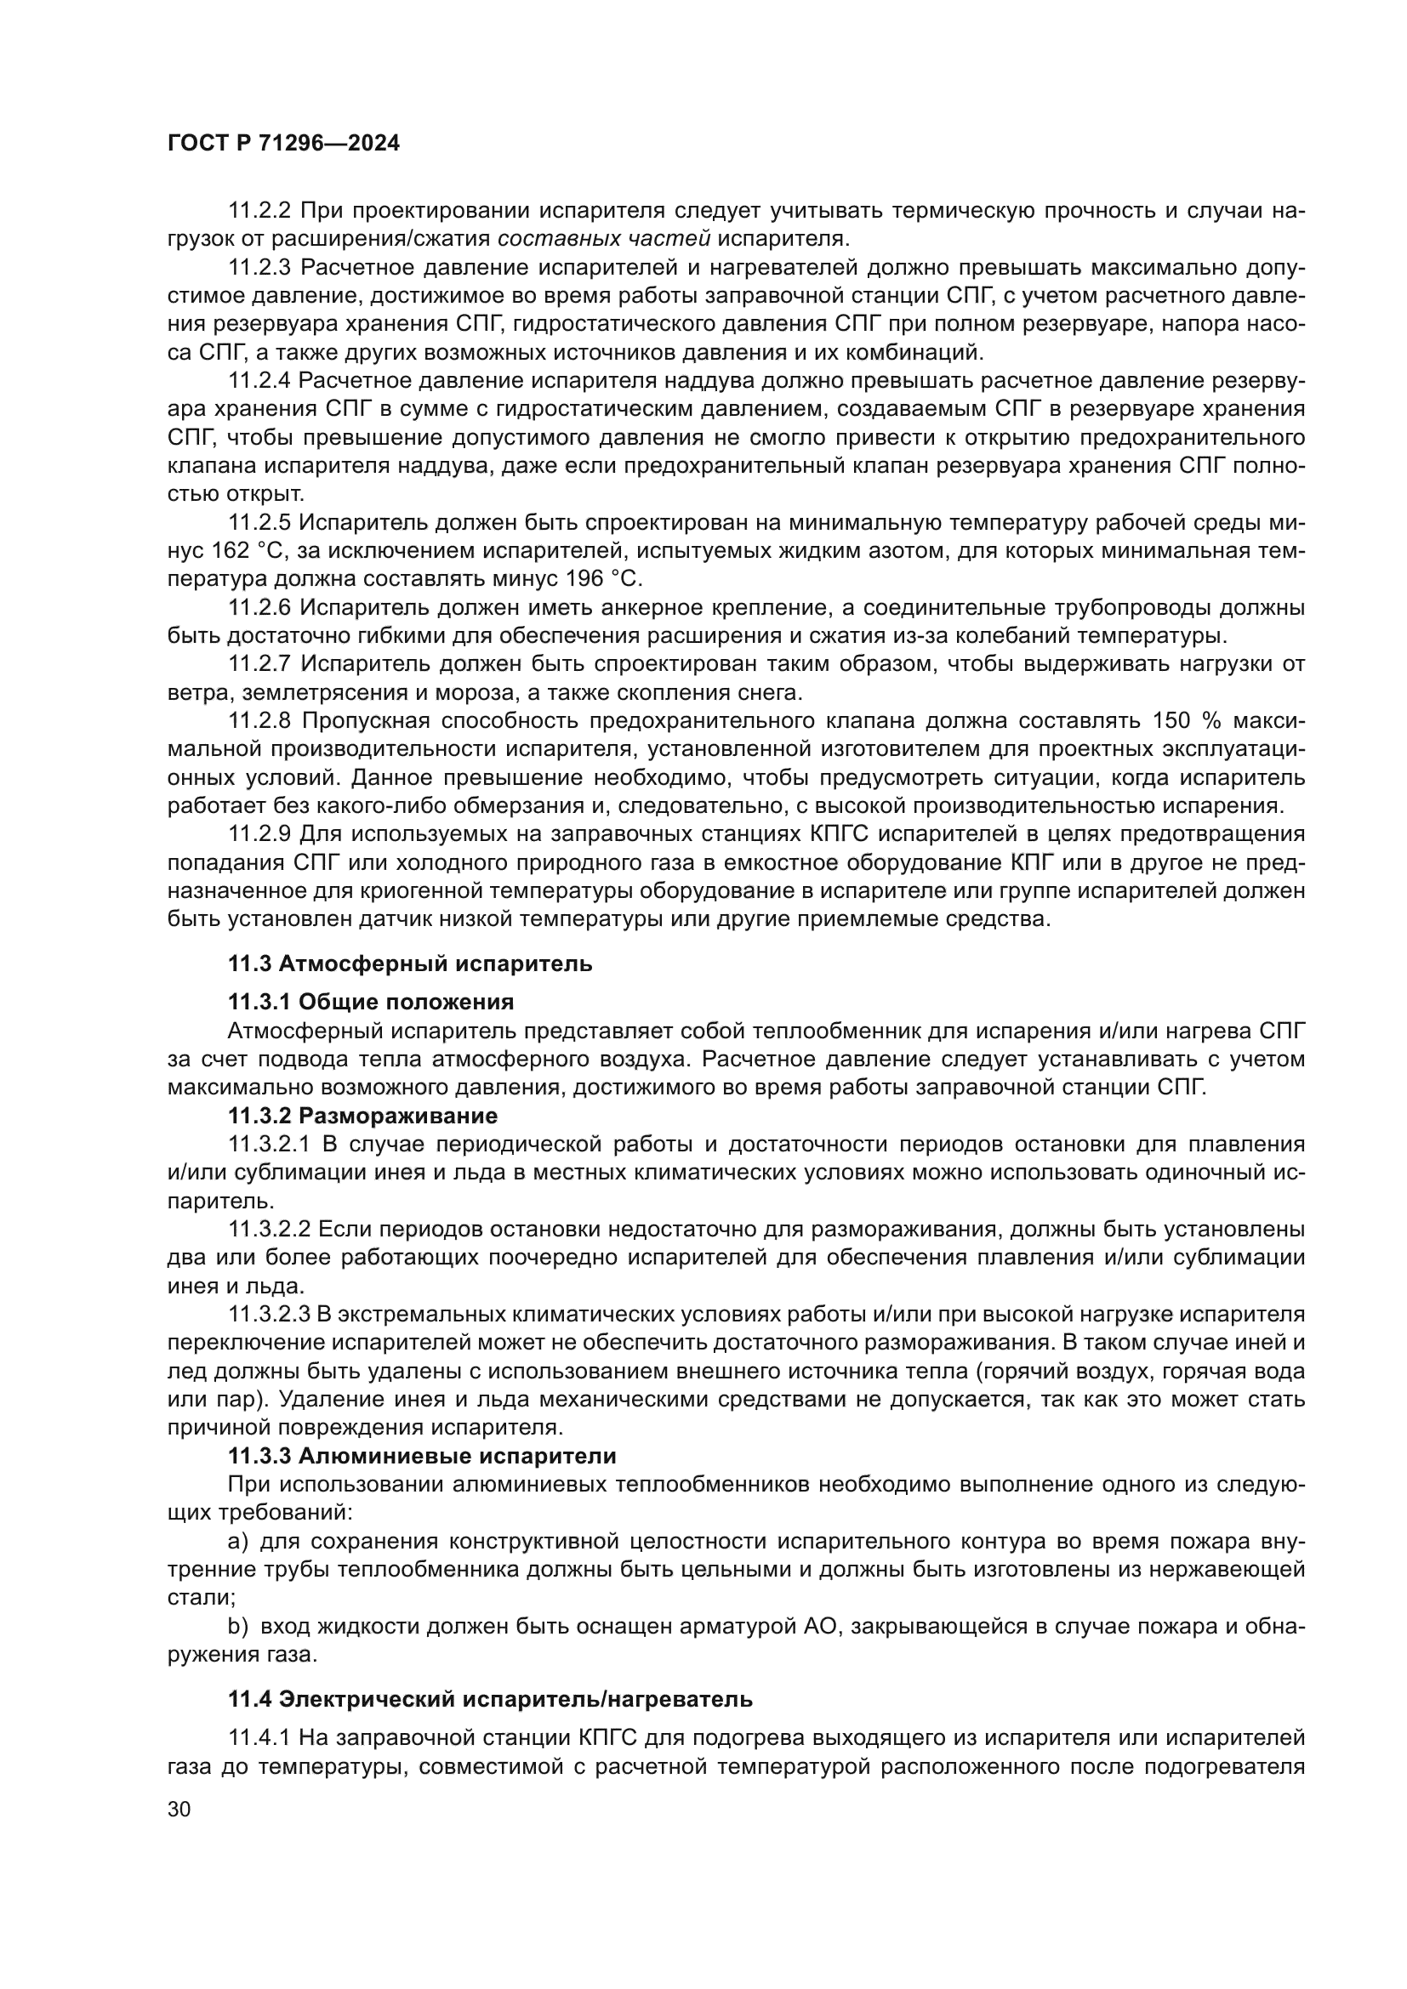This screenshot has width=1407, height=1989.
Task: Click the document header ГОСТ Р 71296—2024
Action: click(283, 144)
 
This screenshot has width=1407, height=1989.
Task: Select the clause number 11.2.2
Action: click(261, 211)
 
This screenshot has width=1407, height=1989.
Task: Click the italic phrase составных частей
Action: click(605, 239)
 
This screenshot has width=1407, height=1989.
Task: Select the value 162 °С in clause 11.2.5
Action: click(255, 551)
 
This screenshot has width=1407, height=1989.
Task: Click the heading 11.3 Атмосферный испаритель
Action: click(411, 963)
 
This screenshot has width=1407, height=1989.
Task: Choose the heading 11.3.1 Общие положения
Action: click(371, 1003)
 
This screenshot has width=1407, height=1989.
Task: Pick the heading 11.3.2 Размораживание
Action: click(363, 1116)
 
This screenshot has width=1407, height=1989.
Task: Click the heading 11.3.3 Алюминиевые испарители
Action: click(422, 1456)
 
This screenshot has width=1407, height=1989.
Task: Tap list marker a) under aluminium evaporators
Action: click(238, 1541)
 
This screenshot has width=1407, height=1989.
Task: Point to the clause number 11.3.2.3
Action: click(270, 1314)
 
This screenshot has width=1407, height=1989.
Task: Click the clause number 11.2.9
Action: click(261, 834)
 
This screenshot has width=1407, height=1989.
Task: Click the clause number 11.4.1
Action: click(261, 1739)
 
